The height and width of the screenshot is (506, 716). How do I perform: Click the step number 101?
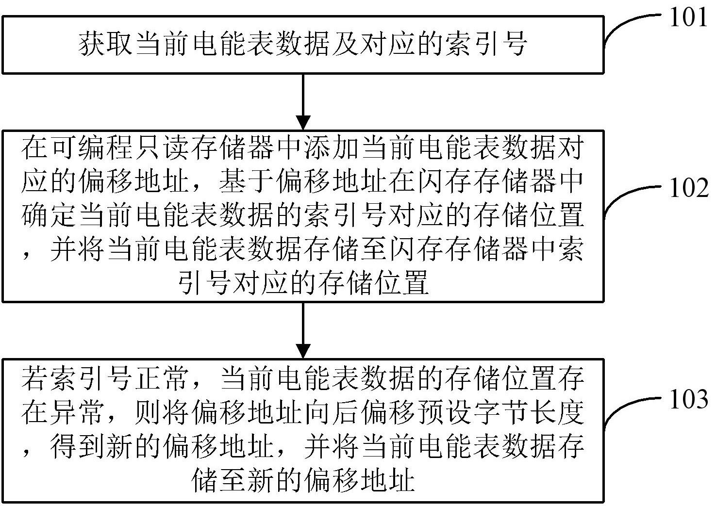(x=688, y=18)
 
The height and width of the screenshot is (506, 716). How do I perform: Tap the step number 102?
(x=688, y=188)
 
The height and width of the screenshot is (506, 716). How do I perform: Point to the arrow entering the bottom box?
(x=303, y=330)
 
